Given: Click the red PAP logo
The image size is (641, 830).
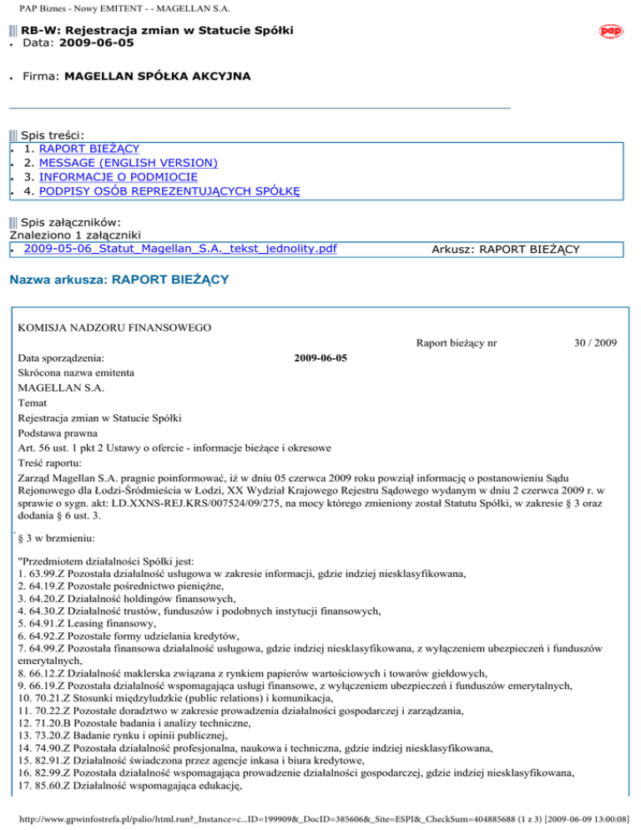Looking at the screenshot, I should [x=612, y=31].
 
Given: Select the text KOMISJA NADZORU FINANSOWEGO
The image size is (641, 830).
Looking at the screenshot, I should [x=103, y=326].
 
